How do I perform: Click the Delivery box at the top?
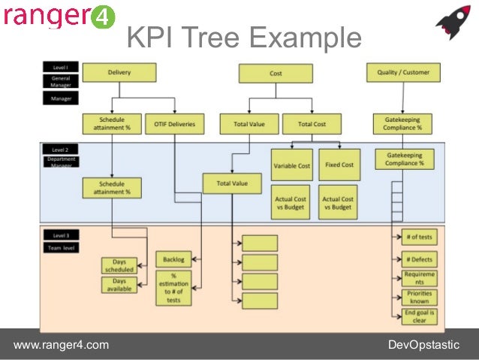tap(119, 72)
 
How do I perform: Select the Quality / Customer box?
tap(403, 72)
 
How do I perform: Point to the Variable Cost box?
tap(291, 165)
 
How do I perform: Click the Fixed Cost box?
tap(339, 165)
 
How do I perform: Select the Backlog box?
tap(173, 259)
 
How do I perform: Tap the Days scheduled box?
tap(119, 265)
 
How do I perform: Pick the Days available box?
tap(119, 285)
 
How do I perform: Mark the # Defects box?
tap(418, 259)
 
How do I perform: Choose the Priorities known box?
tap(418, 298)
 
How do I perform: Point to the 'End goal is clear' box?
tap(418, 316)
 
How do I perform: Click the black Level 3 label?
tap(60, 235)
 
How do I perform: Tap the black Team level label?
tap(60, 247)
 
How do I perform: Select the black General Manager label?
tap(60, 82)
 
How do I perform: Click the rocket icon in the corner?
tap(453, 22)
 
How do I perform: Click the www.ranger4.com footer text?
tap(62, 345)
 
